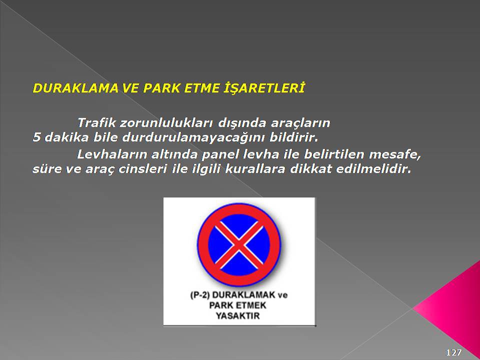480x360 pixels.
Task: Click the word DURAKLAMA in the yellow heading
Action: coord(75,88)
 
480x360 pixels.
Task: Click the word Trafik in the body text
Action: coord(96,123)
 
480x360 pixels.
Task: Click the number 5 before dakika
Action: coord(36,137)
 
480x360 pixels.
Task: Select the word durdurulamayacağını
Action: coord(194,138)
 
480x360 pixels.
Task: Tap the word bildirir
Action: coord(294,137)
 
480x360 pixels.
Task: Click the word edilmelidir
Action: coord(374,168)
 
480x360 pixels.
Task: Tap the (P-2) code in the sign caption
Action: coord(199,295)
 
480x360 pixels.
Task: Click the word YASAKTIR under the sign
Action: coord(238,315)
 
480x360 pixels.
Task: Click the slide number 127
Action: coord(453,352)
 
